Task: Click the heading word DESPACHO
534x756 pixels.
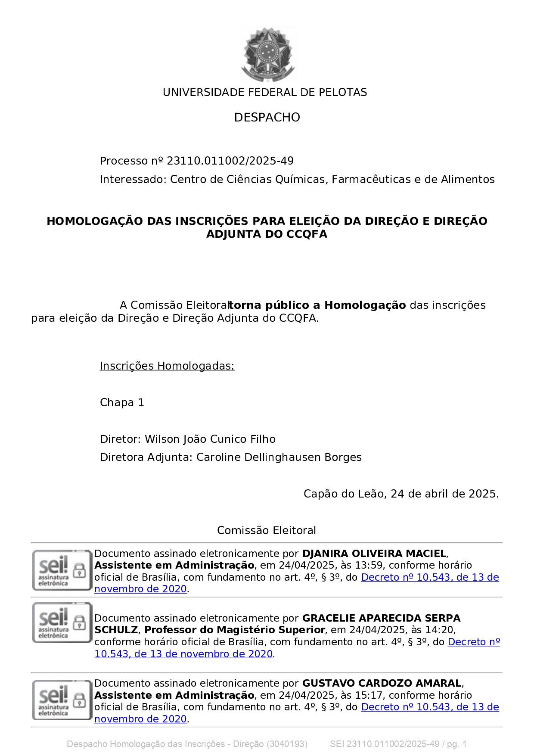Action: click(x=267, y=117)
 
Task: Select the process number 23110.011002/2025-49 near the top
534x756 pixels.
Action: click(x=230, y=161)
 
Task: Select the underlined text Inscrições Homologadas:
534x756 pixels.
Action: click(x=167, y=366)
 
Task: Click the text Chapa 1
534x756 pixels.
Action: click(x=122, y=403)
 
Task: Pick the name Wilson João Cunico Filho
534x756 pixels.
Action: click(x=210, y=439)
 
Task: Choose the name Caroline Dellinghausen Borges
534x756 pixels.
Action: click(x=279, y=457)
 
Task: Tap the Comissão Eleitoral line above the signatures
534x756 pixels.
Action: click(x=267, y=531)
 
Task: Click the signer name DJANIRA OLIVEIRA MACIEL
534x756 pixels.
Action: click(x=374, y=554)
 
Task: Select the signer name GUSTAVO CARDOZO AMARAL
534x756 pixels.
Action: click(x=382, y=684)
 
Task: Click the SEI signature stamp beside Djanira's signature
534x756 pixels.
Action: click(x=62, y=570)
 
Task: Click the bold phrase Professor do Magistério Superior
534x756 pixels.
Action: click(x=235, y=630)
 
